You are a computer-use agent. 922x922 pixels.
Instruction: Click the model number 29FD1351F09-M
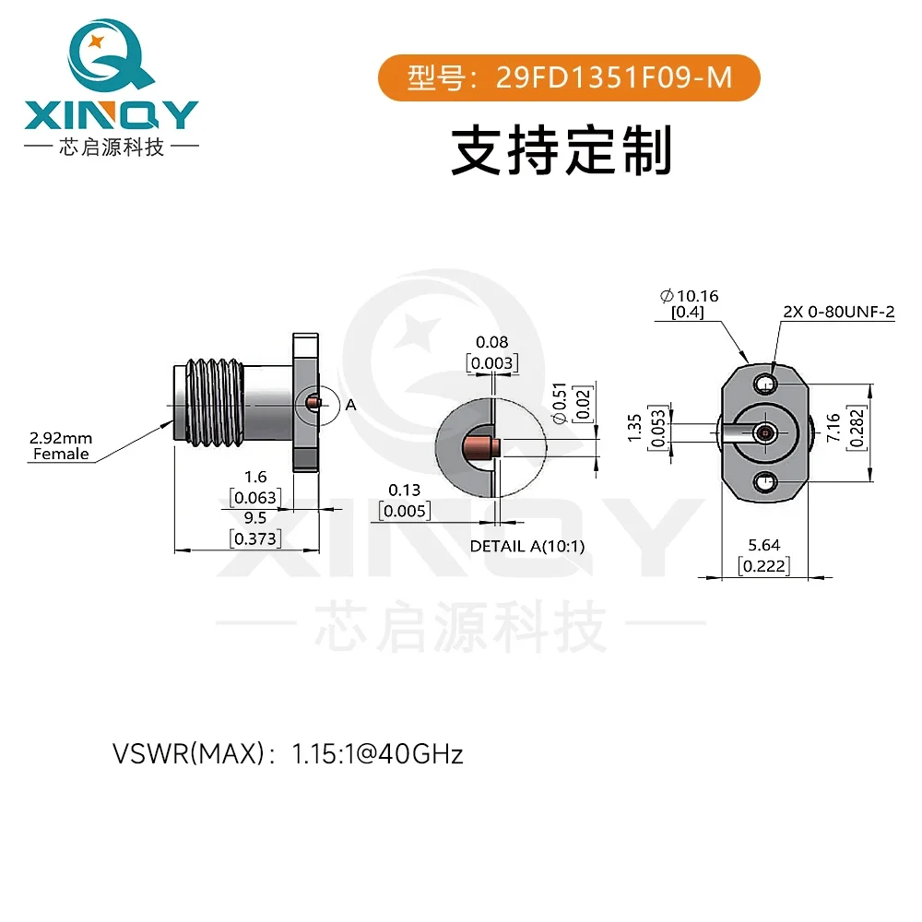pyautogui.click(x=615, y=78)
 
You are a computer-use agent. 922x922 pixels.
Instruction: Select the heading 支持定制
pyautogui.click(x=561, y=150)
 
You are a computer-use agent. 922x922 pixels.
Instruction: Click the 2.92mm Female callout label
pyautogui.click(x=61, y=446)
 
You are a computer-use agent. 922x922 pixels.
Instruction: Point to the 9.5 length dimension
pyautogui.click(x=255, y=518)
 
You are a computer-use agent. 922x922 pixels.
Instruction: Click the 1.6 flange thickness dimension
pyautogui.click(x=255, y=478)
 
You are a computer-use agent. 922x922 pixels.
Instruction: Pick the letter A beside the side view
pyautogui.click(x=350, y=404)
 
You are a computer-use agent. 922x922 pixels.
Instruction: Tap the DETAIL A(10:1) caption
pyautogui.click(x=527, y=546)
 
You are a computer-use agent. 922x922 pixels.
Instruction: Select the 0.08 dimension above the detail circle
pyautogui.click(x=491, y=342)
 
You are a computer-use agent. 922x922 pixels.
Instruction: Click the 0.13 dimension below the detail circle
pyautogui.click(x=404, y=490)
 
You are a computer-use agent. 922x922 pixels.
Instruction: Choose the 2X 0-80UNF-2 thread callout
pyautogui.click(x=838, y=312)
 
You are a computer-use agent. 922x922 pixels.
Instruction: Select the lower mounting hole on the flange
pyautogui.click(x=763, y=480)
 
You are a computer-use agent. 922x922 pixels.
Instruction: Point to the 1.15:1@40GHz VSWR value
pyautogui.click(x=377, y=755)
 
